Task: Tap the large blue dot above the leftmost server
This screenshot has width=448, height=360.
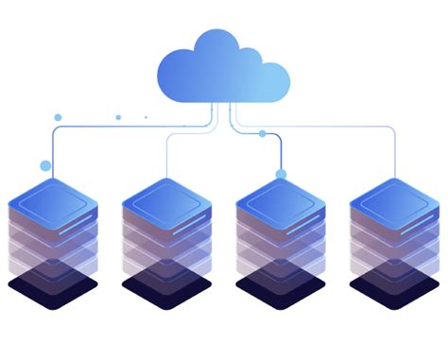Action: tap(45, 165)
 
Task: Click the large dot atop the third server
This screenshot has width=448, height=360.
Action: tap(280, 174)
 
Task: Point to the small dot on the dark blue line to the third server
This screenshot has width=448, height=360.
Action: tap(262, 133)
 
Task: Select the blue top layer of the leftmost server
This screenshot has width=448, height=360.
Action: tap(53, 199)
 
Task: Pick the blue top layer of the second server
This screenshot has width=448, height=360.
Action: tap(166, 199)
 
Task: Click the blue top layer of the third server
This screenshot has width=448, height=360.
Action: tap(281, 199)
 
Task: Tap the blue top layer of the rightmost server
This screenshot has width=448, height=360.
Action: tap(394, 199)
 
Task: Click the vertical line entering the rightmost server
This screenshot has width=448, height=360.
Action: tap(394, 156)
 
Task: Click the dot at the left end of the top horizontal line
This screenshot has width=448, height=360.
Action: tap(58, 117)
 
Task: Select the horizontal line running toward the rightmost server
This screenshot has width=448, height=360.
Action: tap(321, 125)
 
